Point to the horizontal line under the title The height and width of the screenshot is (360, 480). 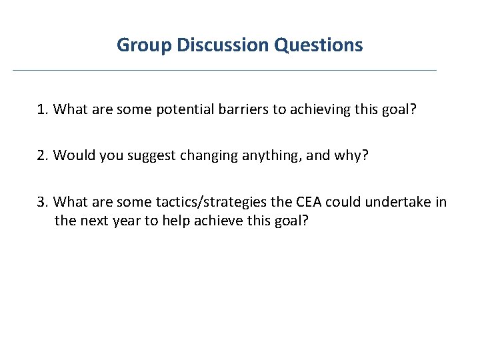[x=225, y=70]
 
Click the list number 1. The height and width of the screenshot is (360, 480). [x=43, y=109]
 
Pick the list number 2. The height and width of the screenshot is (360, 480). [x=43, y=155]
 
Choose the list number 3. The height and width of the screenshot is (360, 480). [x=43, y=202]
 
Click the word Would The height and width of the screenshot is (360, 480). [x=71, y=155]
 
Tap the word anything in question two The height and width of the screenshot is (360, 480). [x=257, y=156]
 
